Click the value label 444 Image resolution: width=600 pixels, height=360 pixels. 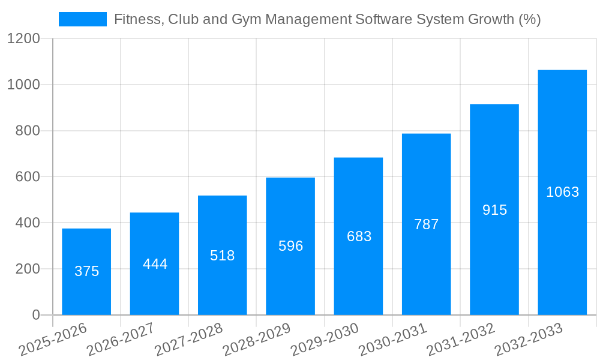coord(155,264)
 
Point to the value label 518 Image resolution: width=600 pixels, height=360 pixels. coord(223,256)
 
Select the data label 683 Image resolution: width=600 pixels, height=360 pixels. coord(359,236)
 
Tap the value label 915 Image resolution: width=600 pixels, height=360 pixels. coord(494,210)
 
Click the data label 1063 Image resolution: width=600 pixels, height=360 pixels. coord(562,192)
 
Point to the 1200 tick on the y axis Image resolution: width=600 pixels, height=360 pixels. coord(23,39)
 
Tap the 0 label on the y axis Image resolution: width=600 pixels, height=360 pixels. coord(35,315)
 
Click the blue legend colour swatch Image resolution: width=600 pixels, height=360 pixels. coord(82,19)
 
